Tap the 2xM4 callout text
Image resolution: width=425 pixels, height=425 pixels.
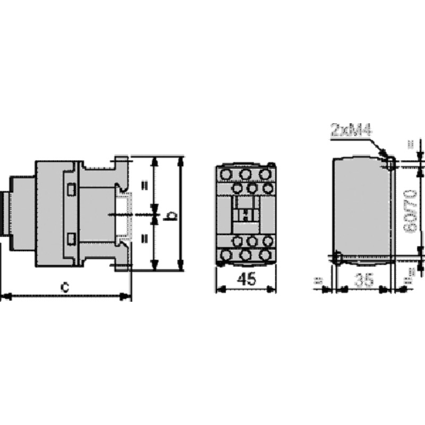coord(351,130)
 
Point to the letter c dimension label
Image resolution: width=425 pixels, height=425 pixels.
coord(65,287)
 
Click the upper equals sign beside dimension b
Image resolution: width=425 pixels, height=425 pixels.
coord(143,186)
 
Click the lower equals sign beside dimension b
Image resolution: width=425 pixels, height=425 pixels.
coord(143,240)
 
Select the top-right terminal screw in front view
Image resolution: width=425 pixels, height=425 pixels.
coord(264,174)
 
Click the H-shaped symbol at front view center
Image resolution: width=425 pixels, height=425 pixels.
coord(245,215)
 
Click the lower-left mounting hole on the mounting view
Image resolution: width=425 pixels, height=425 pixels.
coord(338,258)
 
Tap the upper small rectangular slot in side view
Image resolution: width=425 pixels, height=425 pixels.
coord(71,188)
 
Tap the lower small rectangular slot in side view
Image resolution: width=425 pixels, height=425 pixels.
coord(71,239)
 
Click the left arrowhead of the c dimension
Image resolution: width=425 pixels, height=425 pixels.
coord(4,296)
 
